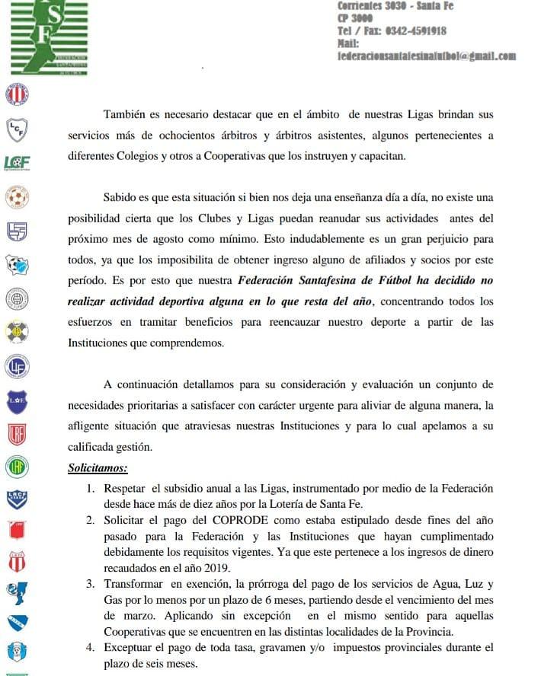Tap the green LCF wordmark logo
coord(17,162)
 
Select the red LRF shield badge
coord(16,434)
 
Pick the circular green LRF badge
coord(16,465)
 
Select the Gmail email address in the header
coord(427,56)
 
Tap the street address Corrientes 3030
coord(372,6)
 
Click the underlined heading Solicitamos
coord(98,467)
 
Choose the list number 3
coord(90,584)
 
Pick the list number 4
coord(90,648)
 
